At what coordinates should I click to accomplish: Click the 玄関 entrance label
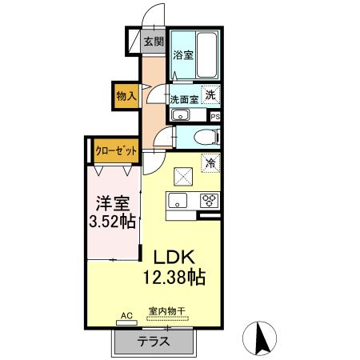[154, 42]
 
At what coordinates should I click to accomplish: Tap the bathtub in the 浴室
[206, 55]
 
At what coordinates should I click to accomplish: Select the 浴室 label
[183, 55]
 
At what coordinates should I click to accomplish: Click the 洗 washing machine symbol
[210, 94]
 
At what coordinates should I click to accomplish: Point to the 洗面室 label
[184, 100]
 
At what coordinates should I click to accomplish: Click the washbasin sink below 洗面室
[181, 115]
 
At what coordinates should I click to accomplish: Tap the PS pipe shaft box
[215, 117]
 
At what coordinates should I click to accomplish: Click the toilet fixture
[207, 137]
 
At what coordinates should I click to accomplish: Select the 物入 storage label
[126, 96]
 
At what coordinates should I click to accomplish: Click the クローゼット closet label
[116, 151]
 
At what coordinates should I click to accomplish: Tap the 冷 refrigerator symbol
[210, 163]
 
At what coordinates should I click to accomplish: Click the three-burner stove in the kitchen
[209, 201]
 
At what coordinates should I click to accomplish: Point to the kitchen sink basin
[178, 201]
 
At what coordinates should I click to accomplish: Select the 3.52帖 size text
[112, 221]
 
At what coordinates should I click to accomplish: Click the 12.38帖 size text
[174, 277]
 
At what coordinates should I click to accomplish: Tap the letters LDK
[174, 257]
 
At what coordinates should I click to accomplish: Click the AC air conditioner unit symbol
[126, 322]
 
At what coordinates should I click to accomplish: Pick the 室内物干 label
[167, 311]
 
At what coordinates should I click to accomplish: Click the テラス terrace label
[154, 342]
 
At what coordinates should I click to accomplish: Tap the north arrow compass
[259, 338]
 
